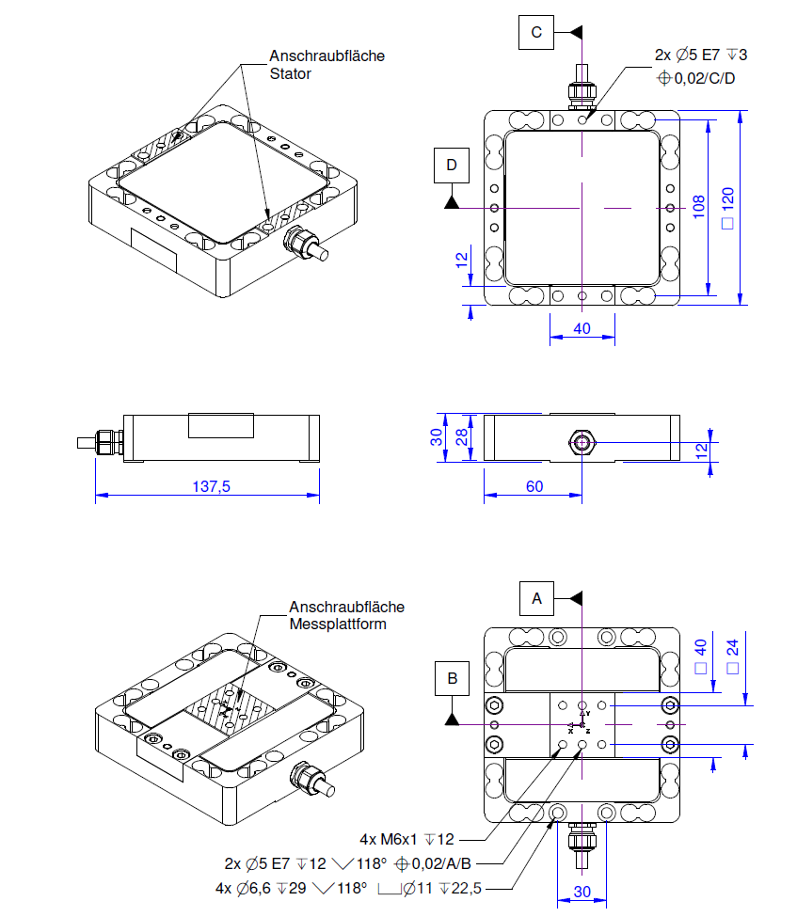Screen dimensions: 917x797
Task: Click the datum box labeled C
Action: [x=536, y=33]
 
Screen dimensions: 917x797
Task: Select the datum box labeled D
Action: [x=453, y=166]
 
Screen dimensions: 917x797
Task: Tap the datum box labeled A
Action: [x=537, y=597]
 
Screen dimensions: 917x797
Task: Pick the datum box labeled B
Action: [x=453, y=677]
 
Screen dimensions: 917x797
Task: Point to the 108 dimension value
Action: [x=698, y=207]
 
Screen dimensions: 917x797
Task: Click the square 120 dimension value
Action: [x=727, y=208]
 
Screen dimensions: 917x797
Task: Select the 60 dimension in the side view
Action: [x=534, y=487]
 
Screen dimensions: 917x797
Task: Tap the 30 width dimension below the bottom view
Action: [x=583, y=891]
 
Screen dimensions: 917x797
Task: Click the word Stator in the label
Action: [x=290, y=73]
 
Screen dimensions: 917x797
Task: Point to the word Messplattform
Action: [x=337, y=624]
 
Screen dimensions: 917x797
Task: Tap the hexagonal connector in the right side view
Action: [x=582, y=441]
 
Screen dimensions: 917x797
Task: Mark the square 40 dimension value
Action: [x=698, y=656]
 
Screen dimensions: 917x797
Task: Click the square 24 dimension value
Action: [x=727, y=656]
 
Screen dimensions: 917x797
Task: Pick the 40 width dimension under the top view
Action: [x=582, y=328]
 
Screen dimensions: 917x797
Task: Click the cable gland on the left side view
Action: [x=111, y=441]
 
